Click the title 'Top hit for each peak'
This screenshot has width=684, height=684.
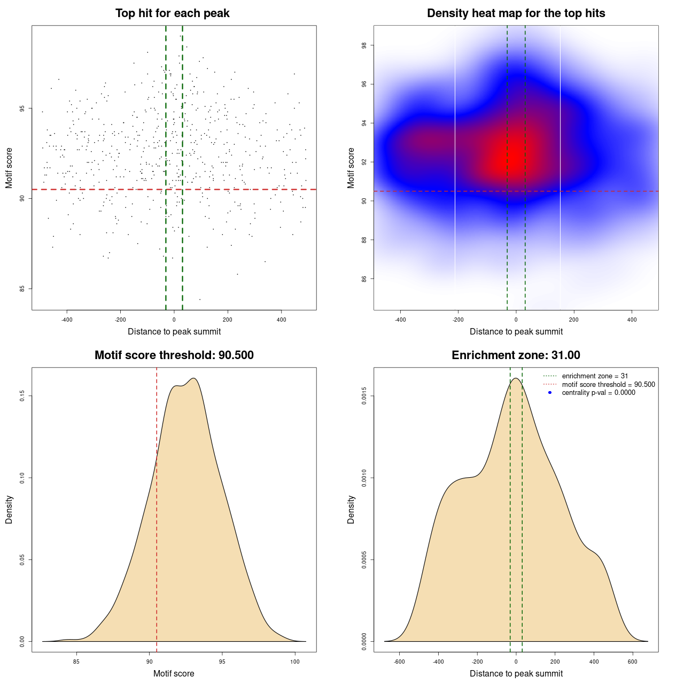tap(172, 13)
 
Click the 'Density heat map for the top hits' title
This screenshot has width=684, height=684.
tap(516, 13)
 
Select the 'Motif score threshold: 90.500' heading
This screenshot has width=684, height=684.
tap(174, 355)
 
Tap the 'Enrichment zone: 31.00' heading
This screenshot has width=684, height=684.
tap(516, 355)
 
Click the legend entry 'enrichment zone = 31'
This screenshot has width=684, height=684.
tap(595, 376)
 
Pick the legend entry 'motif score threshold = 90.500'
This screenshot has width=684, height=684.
tap(608, 385)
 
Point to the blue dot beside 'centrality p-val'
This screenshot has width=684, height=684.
tap(550, 393)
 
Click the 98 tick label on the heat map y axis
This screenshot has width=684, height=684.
tap(364, 45)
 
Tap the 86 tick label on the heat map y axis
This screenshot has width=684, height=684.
tap(364, 278)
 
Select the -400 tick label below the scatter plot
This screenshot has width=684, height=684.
tap(67, 320)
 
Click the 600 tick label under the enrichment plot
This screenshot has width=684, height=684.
tap(633, 662)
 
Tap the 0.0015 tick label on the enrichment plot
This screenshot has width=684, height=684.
tap(364, 396)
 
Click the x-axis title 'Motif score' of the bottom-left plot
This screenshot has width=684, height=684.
tap(174, 674)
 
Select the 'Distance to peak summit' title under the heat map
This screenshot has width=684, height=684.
tap(516, 332)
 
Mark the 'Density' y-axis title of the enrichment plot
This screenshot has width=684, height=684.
tap(351, 509)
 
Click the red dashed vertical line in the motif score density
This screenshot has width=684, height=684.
tap(157, 508)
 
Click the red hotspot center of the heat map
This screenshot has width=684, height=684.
tap(511, 158)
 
